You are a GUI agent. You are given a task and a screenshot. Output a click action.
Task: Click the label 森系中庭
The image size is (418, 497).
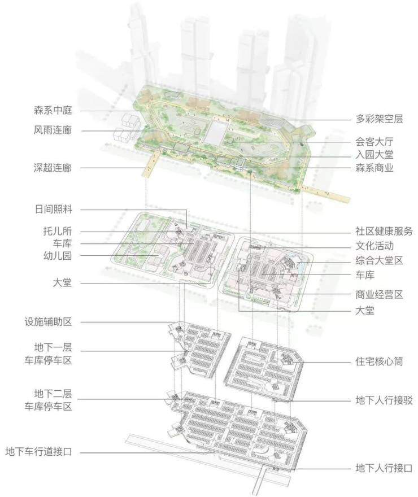coord(53,110)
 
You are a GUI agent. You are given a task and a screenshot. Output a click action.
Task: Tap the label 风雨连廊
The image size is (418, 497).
coord(53,130)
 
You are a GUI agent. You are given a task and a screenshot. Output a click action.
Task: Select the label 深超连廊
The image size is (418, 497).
coord(53,168)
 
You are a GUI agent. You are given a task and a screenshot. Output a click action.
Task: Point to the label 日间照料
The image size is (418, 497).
coord(54,209)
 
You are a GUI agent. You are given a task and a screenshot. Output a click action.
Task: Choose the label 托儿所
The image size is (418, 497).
coord(58,231)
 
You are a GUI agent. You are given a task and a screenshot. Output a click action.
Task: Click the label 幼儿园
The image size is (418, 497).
coord(58,255)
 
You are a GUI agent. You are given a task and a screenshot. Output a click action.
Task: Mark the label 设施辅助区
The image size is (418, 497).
coord(48,322)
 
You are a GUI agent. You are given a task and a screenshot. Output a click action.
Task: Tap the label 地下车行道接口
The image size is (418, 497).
coord(38,451)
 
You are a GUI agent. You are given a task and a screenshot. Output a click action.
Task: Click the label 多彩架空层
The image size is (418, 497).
coord(379,119)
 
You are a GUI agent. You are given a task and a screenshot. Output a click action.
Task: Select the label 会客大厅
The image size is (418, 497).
coord(375,142)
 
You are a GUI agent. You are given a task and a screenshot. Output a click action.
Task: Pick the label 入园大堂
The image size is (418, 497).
coord(375,155)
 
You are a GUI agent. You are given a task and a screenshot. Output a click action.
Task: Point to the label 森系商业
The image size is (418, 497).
coord(375,168)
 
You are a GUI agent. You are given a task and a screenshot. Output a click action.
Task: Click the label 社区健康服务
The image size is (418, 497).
coord(384,231)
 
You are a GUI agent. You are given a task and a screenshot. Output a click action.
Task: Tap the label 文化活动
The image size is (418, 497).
coord(375,246)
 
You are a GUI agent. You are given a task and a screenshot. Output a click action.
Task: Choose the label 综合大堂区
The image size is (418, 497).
coord(379,260)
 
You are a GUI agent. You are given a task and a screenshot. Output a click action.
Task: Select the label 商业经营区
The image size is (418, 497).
coord(379,294)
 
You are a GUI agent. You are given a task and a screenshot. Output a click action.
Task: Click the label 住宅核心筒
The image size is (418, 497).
coord(379,361)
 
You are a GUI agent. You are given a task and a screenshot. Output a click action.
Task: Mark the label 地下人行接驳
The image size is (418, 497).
coord(384,400)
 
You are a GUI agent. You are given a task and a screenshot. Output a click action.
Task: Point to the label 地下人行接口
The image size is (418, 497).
coord(384,468)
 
